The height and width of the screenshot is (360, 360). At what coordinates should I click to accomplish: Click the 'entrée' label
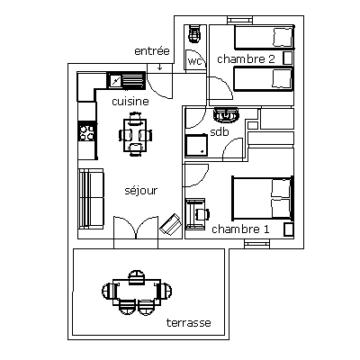point(152,51)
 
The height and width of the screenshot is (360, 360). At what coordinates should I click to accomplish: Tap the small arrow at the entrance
point(160,67)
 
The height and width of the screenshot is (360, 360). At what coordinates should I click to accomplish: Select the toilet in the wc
point(194,33)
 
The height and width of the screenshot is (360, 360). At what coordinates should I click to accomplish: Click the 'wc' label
point(194,61)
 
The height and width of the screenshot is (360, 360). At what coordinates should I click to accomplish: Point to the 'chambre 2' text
point(246,59)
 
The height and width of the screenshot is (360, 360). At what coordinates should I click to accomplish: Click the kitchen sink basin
point(115,80)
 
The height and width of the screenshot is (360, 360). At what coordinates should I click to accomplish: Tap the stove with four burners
point(86,132)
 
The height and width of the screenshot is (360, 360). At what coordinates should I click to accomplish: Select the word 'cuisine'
point(130,102)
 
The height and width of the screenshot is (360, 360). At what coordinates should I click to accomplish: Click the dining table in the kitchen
point(135,135)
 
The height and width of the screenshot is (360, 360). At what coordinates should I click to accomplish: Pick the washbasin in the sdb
point(226,115)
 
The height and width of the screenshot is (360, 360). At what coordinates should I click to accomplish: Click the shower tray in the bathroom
point(196,145)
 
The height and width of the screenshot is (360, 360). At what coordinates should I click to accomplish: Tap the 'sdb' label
point(220,131)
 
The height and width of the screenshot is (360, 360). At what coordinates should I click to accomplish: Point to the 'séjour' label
point(140,191)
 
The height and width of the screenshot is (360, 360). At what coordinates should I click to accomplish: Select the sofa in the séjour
point(91,199)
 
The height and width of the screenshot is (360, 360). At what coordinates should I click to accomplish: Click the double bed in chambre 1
point(263,198)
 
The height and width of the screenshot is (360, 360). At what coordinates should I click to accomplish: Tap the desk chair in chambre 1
point(202,214)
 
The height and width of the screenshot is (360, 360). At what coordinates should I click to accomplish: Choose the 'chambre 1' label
point(240,229)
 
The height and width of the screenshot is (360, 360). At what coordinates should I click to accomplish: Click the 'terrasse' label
point(189,323)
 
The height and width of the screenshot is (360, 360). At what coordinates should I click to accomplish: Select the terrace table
point(137,292)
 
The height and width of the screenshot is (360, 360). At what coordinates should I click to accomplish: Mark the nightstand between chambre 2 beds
point(288,58)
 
